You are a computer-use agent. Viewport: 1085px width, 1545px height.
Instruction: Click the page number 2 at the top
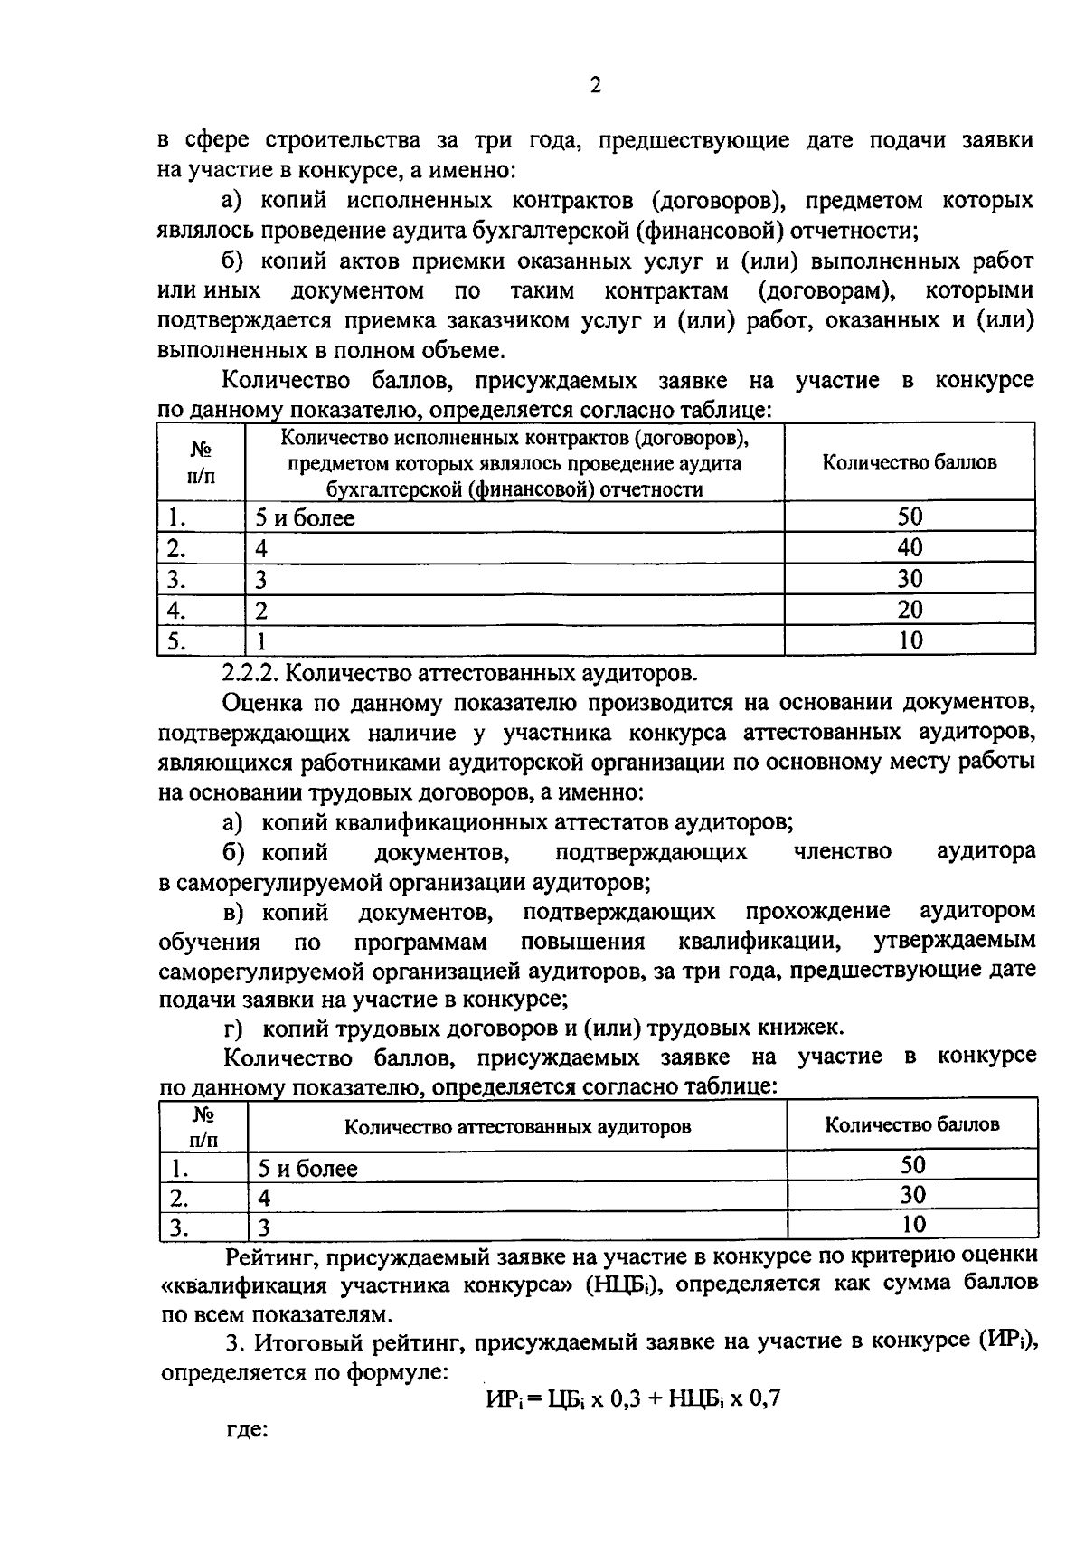(594, 86)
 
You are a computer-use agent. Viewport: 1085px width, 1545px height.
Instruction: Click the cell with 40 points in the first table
(910, 547)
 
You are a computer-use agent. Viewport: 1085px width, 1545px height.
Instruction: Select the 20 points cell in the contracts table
(910, 610)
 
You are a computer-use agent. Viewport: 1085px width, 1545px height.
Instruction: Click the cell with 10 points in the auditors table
(913, 1225)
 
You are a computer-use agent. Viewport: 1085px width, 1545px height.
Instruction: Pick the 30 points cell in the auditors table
(913, 1195)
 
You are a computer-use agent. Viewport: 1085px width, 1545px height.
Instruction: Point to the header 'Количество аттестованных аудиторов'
(517, 1127)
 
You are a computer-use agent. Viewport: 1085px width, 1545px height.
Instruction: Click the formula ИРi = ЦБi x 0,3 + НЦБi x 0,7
(632, 1399)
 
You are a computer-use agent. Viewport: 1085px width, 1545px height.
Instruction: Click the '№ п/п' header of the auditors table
(203, 1126)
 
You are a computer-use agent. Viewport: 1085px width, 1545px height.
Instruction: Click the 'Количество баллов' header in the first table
(909, 462)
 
